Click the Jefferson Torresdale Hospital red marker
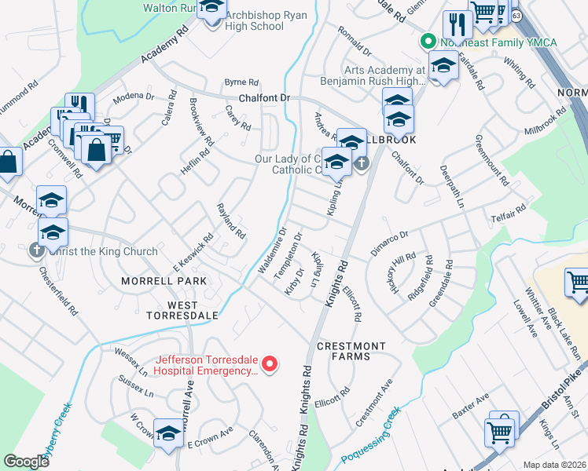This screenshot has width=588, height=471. (270, 363)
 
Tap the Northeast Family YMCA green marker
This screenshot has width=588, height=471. (428, 41)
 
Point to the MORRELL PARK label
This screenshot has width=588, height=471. (164, 280)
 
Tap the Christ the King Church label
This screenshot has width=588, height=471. (102, 252)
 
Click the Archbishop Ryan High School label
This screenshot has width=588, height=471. (254, 20)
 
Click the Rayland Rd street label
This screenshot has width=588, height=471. (231, 221)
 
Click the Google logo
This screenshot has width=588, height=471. (26, 462)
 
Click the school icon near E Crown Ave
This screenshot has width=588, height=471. (168, 433)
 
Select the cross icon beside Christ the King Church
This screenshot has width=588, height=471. (36, 251)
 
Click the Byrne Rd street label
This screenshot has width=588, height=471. (241, 82)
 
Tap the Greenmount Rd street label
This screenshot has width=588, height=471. (492, 162)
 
